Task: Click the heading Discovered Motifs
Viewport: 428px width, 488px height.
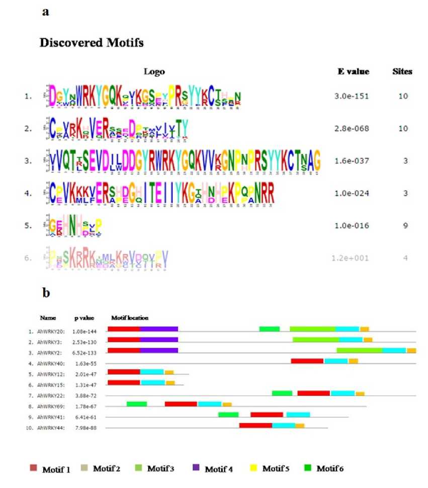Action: pos(91,43)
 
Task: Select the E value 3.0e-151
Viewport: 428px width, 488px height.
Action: pos(353,96)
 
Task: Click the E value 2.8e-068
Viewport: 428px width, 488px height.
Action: pos(353,128)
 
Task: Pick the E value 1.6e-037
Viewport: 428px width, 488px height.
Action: pos(353,160)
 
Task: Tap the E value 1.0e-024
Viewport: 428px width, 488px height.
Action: pos(353,193)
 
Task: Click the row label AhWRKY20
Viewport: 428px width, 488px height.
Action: pos(51,329)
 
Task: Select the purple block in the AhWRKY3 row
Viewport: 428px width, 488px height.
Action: pos(159,340)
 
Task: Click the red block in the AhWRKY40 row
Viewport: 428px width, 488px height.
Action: pos(307,361)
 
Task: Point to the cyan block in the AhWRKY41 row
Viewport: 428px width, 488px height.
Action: pos(298,415)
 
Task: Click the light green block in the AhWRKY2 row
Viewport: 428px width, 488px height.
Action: pos(359,350)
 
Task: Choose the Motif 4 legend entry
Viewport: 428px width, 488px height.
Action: pos(214,469)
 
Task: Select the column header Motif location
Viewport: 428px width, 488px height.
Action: pos(129,318)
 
